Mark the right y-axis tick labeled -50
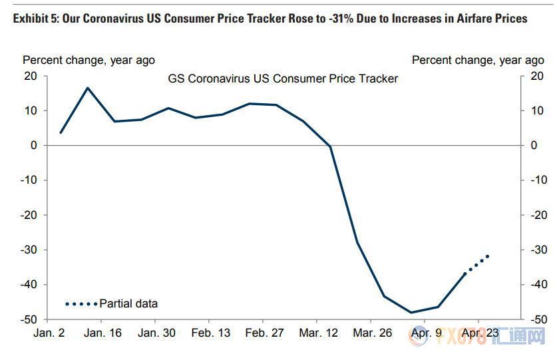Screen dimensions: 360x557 point(538,319)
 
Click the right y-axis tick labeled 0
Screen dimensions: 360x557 point(532,145)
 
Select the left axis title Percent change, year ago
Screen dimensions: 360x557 point(89,60)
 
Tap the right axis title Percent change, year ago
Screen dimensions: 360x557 point(478,60)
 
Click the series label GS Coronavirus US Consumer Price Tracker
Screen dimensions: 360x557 point(283,79)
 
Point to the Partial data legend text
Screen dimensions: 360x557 point(128,303)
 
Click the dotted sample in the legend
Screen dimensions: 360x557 point(81,304)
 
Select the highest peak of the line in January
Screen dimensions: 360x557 point(88,88)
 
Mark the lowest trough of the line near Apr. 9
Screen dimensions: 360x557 point(411,312)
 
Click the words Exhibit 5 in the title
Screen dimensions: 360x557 point(37,19)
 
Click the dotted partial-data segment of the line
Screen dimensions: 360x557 point(476,264)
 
